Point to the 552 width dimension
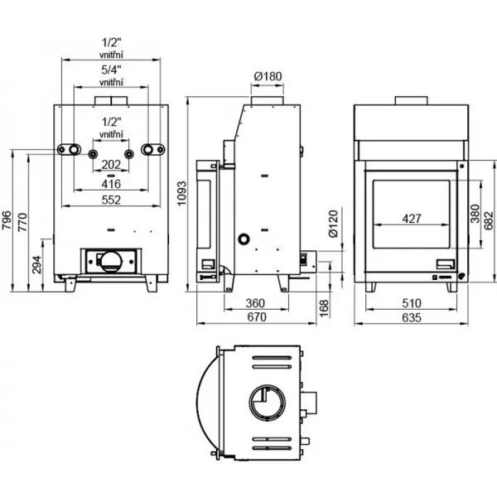point(111,200)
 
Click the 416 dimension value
point(111,183)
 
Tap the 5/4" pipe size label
point(111,70)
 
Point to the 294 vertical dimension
point(37,264)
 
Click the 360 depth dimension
point(254,303)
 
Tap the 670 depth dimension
point(254,317)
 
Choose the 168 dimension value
point(324,306)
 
